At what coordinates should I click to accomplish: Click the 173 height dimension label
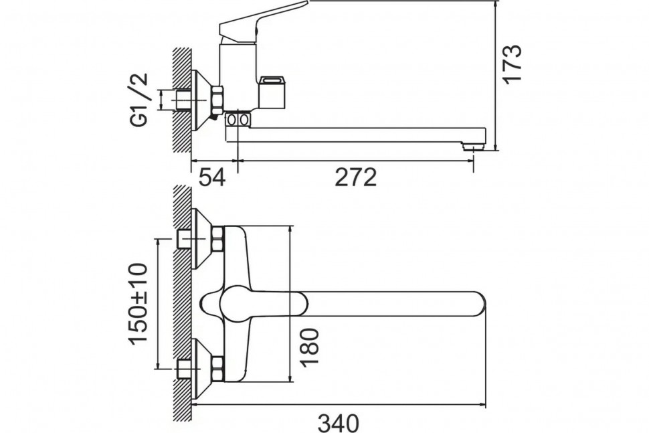512,64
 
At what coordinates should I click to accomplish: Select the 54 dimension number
212,177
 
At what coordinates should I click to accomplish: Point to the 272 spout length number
355,177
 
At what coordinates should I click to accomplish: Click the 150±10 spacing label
138,303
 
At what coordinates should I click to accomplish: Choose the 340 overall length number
338,423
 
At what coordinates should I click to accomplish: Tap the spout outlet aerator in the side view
472,146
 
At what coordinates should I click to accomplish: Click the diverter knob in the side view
272,92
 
